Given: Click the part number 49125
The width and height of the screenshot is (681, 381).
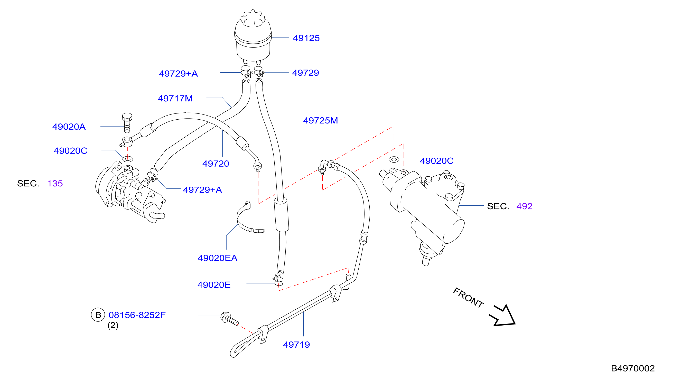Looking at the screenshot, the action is pyautogui.click(x=306, y=38).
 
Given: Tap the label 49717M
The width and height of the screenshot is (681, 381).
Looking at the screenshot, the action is pyautogui.click(x=175, y=99).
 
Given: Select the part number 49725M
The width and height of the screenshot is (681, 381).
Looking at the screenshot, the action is pyautogui.click(x=320, y=120).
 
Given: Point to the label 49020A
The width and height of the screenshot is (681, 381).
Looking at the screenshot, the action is pyautogui.click(x=69, y=127).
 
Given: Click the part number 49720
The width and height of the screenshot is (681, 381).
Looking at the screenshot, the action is pyautogui.click(x=216, y=164).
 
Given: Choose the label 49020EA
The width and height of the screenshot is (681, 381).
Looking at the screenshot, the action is pyautogui.click(x=217, y=258).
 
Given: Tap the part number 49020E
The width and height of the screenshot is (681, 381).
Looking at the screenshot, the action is pyautogui.click(x=214, y=284).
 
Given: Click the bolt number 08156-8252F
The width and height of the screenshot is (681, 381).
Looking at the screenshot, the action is pyautogui.click(x=137, y=315).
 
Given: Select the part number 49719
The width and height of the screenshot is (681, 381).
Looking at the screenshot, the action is pyautogui.click(x=296, y=345).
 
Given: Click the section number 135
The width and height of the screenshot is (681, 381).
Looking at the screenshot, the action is pyautogui.click(x=55, y=183).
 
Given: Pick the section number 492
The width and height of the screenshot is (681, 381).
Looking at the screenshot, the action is pyautogui.click(x=524, y=206).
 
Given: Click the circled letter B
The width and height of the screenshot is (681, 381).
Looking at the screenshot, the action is pyautogui.click(x=98, y=315).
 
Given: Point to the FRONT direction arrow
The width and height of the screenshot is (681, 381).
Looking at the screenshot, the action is pyautogui.click(x=502, y=316).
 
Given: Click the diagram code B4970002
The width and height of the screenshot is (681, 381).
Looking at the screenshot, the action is pyautogui.click(x=633, y=368).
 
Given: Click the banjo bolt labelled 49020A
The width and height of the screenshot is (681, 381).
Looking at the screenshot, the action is pyautogui.click(x=127, y=123).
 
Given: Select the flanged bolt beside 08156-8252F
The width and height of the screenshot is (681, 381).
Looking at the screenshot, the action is pyautogui.click(x=229, y=319).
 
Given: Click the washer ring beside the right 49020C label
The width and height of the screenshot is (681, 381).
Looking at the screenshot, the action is pyautogui.click(x=394, y=159).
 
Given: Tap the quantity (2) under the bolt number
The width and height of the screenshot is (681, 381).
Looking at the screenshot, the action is pyautogui.click(x=113, y=325).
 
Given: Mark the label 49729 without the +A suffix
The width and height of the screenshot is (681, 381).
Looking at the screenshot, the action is pyautogui.click(x=305, y=73).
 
